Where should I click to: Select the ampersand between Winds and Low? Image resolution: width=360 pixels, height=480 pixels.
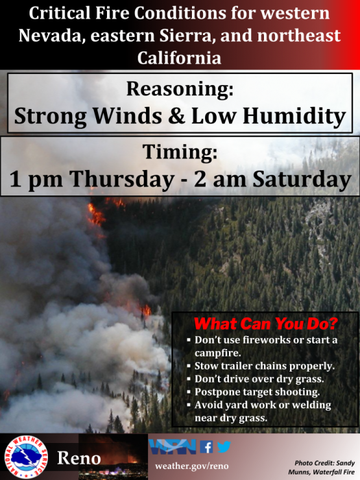pyautogui.click(x=177, y=116)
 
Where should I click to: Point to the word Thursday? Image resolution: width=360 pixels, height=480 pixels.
pyautogui.click(x=122, y=180)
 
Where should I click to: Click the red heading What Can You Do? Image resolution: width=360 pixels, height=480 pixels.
pyautogui.click(x=266, y=324)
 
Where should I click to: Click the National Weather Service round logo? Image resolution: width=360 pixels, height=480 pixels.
pyautogui.click(x=26, y=457)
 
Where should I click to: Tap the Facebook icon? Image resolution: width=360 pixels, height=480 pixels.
pyautogui.click(x=206, y=446)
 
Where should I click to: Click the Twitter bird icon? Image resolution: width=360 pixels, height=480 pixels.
pyautogui.click(x=224, y=446)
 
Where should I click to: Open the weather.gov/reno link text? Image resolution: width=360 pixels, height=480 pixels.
pyautogui.click(x=191, y=466)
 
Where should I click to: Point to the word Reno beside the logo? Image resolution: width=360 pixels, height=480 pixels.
pyautogui.click(x=80, y=458)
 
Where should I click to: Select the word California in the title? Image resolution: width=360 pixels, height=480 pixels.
pyautogui.click(x=180, y=58)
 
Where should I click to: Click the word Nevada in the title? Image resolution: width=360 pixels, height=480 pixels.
pyautogui.click(x=51, y=36)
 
